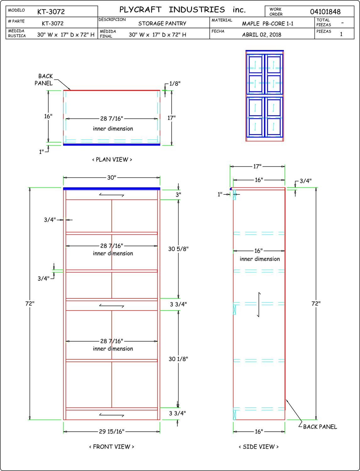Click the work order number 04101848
pos(325,12)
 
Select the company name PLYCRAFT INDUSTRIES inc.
pos(182,10)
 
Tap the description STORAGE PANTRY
pos(162,24)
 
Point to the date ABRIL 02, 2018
pos(261,35)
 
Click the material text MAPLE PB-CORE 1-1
pos(267,24)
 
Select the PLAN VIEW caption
pos(112,160)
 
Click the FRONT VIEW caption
pos(112,447)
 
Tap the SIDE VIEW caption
pos(259,447)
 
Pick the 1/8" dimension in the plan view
pos(175,84)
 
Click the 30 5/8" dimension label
pos(178,249)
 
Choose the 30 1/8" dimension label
pos(178,359)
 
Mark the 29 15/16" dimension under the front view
pos(112,431)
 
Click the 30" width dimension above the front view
pos(112,178)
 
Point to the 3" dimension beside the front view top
pos(178,195)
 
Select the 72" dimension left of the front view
pos(30,304)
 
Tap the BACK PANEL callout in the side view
pos(320,427)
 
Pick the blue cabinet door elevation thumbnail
pos(265,95)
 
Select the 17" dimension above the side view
pos(257,166)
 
